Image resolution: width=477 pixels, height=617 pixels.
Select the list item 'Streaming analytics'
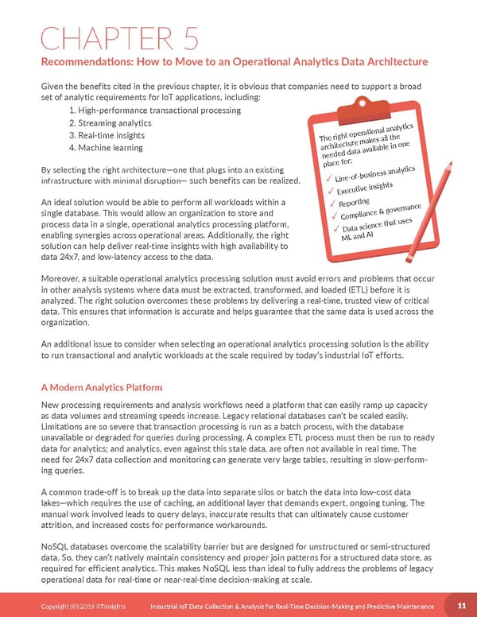click(x=110, y=123)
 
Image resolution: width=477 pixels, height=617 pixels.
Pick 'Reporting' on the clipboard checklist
click(x=355, y=204)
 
